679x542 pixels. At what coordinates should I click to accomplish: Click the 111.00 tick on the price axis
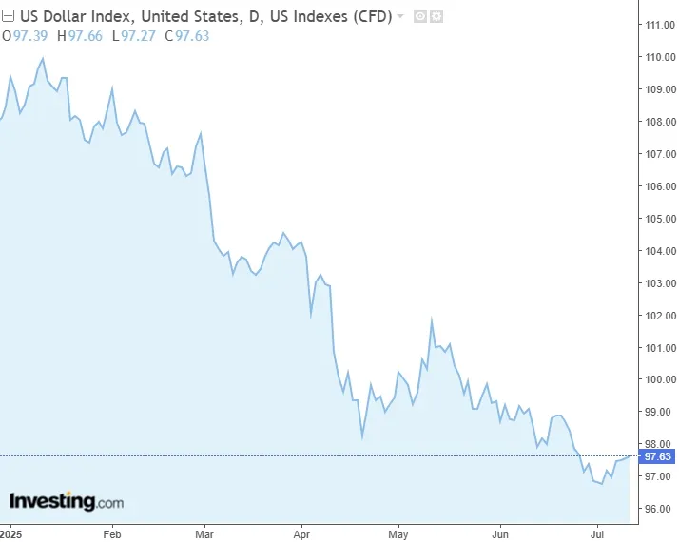point(660,25)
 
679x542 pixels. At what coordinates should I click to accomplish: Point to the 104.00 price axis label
point(660,251)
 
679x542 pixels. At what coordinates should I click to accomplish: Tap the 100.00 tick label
point(660,379)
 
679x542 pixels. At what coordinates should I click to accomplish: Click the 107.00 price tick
point(660,154)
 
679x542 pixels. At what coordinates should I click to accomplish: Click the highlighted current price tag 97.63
point(658,456)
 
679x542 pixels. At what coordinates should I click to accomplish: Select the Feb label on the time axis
point(111,533)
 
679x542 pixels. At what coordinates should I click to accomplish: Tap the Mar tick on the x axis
point(205,533)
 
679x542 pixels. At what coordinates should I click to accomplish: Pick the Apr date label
point(302,533)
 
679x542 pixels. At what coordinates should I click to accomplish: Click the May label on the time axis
point(398,533)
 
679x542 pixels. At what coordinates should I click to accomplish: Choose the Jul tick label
point(597,533)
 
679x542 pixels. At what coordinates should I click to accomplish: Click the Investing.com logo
point(66,501)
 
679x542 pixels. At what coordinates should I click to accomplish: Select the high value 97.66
point(84,36)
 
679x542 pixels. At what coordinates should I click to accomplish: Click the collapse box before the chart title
point(8,16)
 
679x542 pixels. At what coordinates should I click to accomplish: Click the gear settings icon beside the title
point(436,16)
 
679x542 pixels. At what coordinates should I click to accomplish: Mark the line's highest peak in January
point(43,59)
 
